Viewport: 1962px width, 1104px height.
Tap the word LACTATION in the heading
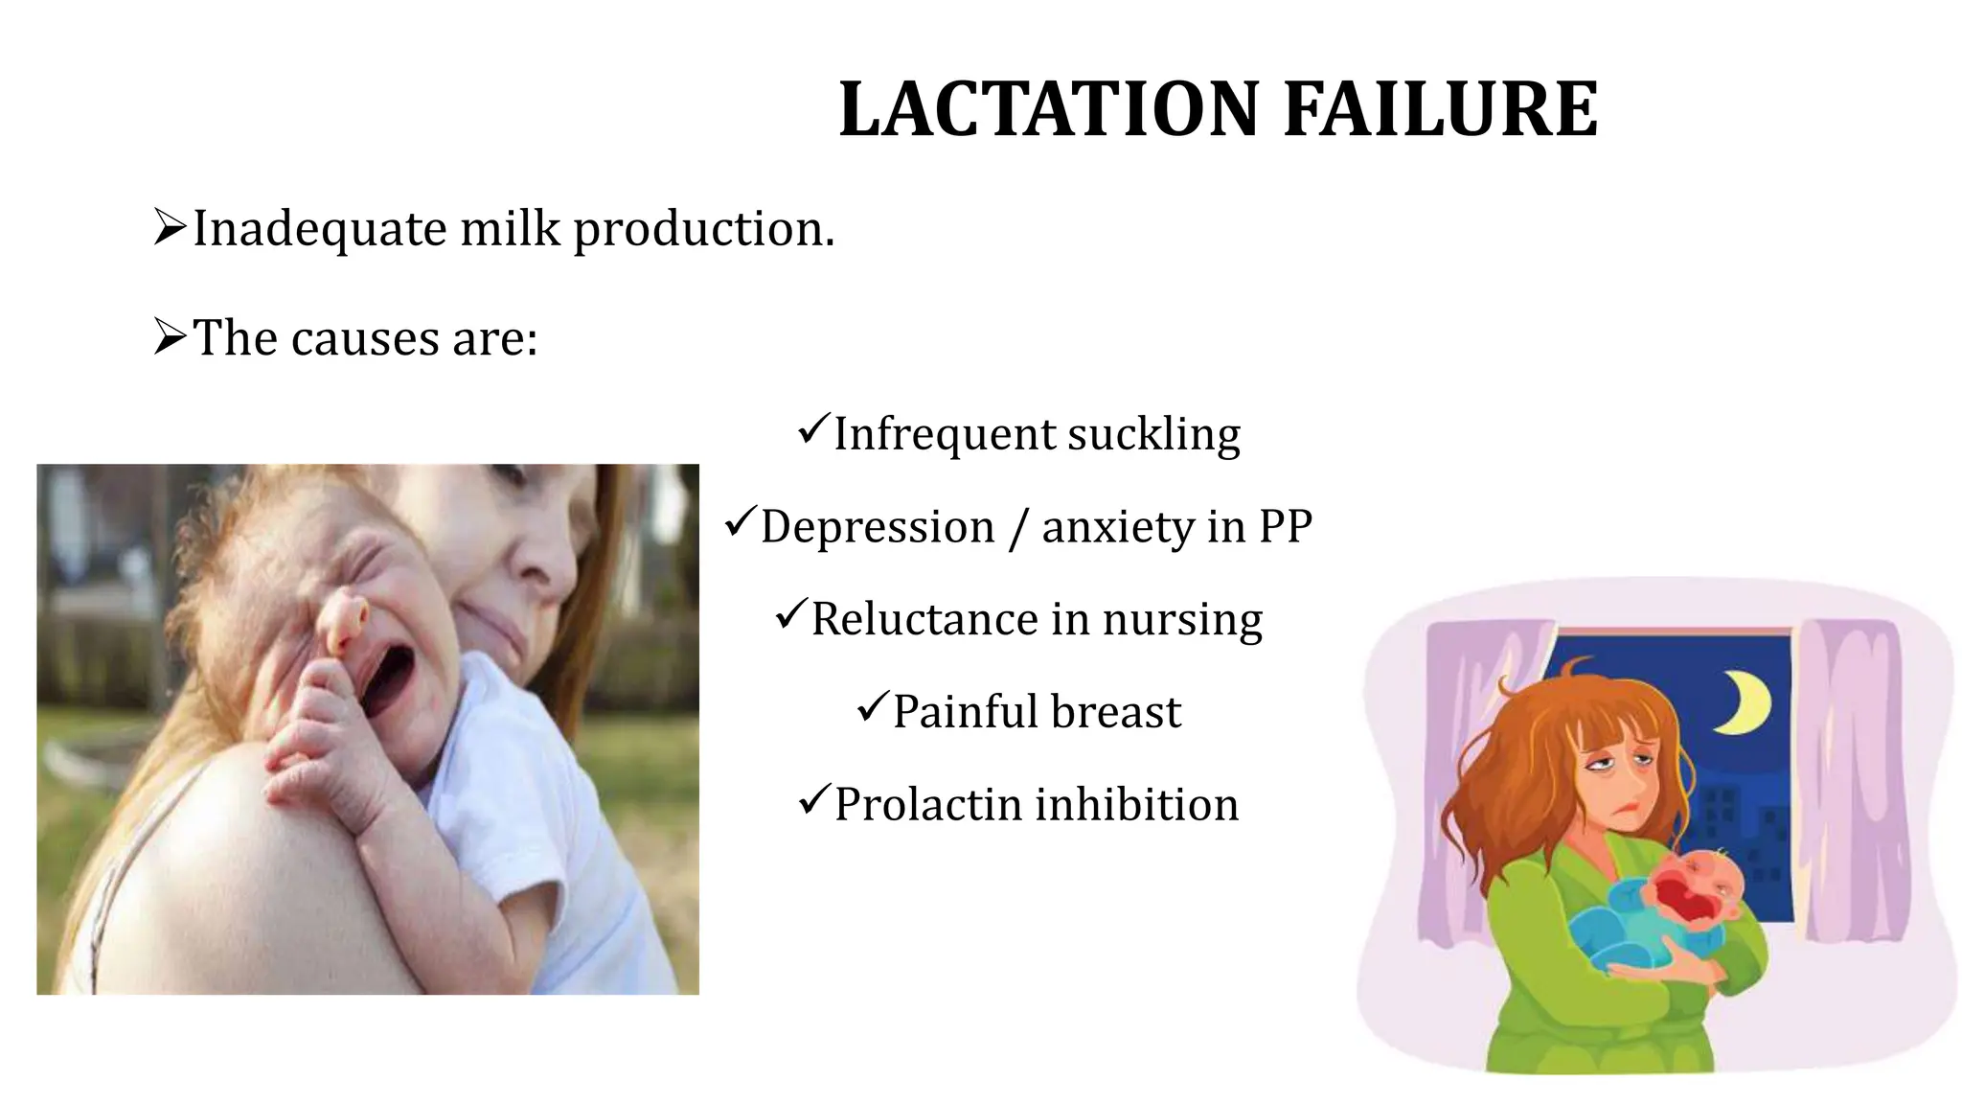coord(1048,109)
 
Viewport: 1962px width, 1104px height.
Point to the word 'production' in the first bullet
coord(703,230)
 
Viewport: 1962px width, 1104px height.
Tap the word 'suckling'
coord(1153,434)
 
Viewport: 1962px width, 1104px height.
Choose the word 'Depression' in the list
coord(878,527)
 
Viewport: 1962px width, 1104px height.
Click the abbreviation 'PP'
coord(1285,526)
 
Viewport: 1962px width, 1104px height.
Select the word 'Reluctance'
coord(924,619)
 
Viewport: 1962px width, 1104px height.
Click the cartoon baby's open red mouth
coord(1683,902)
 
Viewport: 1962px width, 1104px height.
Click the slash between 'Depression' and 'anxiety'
coord(1017,528)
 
